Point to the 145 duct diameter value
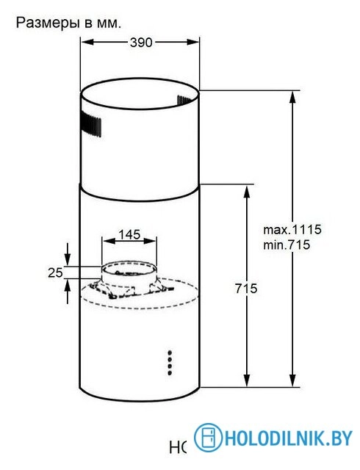pyautogui.click(x=129, y=234)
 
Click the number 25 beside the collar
pyautogui.click(x=54, y=272)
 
